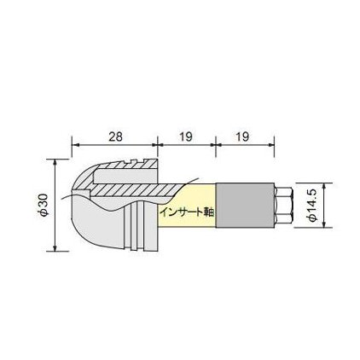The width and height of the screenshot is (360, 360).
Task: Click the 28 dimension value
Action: pyautogui.click(x=115, y=136)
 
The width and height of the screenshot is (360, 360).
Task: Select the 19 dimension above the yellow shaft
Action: pyautogui.click(x=186, y=136)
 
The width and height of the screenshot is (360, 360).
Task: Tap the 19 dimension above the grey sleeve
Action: pyautogui.click(x=242, y=136)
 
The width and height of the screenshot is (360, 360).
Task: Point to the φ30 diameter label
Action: pyautogui.click(x=44, y=205)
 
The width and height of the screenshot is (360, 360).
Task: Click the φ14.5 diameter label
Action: pyautogui.click(x=312, y=206)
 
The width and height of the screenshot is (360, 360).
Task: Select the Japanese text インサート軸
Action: pyautogui.click(x=188, y=212)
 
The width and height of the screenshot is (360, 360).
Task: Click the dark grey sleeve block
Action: pyautogui.click(x=244, y=206)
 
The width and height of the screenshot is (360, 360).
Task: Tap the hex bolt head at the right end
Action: pyautogui.click(x=283, y=206)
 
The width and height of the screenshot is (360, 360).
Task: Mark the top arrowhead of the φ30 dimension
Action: pyautogui.click(x=55, y=162)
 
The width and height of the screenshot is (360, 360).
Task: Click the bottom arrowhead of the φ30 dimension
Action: pyautogui.click(x=55, y=247)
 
